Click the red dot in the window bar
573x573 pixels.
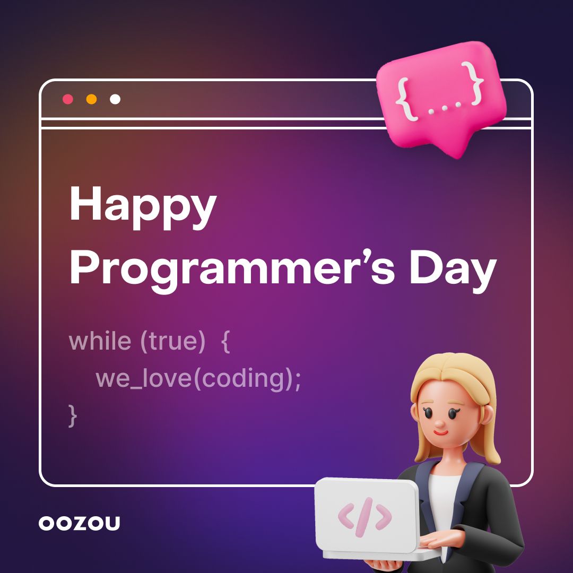pyautogui.click(x=68, y=99)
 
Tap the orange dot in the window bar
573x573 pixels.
pyautogui.click(x=91, y=99)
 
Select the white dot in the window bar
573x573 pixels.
pyautogui.click(x=115, y=99)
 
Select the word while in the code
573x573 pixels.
pyautogui.click(x=99, y=341)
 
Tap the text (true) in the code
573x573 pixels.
pyautogui.click(x=172, y=341)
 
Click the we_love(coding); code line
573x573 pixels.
pyautogui.click(x=198, y=379)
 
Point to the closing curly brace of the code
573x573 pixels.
pyautogui.click(x=73, y=414)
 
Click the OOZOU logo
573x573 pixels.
pyautogui.click(x=80, y=523)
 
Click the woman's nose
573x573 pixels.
pyautogui.click(x=440, y=422)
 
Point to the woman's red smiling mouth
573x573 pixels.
pyautogui.click(x=440, y=432)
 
